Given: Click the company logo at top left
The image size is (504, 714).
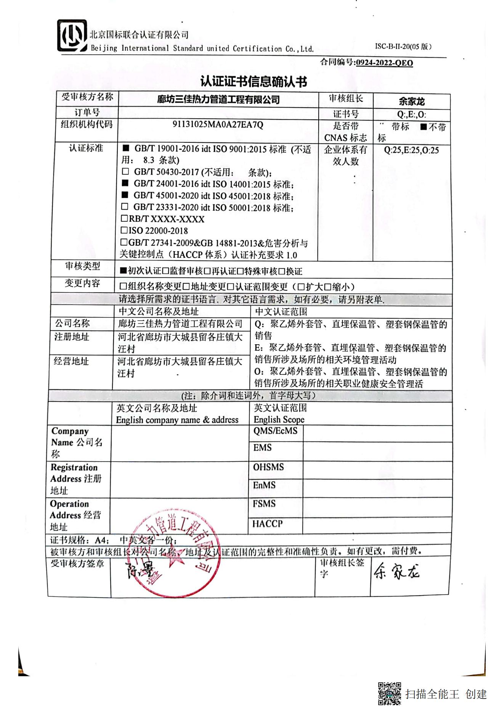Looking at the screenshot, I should point(72,36).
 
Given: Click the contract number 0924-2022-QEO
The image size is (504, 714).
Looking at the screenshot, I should point(384,63).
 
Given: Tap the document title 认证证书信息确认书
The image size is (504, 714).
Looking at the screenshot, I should point(254,81).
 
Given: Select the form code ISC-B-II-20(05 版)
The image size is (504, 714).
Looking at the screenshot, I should point(403,47).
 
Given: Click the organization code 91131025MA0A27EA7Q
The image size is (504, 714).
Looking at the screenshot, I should point(218,125).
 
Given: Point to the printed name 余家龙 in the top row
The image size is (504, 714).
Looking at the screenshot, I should point(411,102).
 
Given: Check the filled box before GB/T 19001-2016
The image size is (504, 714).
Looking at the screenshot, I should point(125,148).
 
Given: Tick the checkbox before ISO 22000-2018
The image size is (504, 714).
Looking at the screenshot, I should point(124,230).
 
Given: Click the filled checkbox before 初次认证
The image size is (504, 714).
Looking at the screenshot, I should point(123,271).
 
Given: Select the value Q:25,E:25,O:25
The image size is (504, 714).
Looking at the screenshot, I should point(411,150).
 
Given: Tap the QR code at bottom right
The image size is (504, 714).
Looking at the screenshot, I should point(389,693).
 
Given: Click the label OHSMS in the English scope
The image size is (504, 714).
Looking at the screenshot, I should point(268,467).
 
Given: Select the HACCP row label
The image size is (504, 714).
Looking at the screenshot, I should point(267,524).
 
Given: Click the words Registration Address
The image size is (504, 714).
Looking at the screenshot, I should point(74,473).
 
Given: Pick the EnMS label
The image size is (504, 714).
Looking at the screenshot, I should point(264,485).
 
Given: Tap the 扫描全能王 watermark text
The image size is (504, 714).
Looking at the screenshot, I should point(432,694).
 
